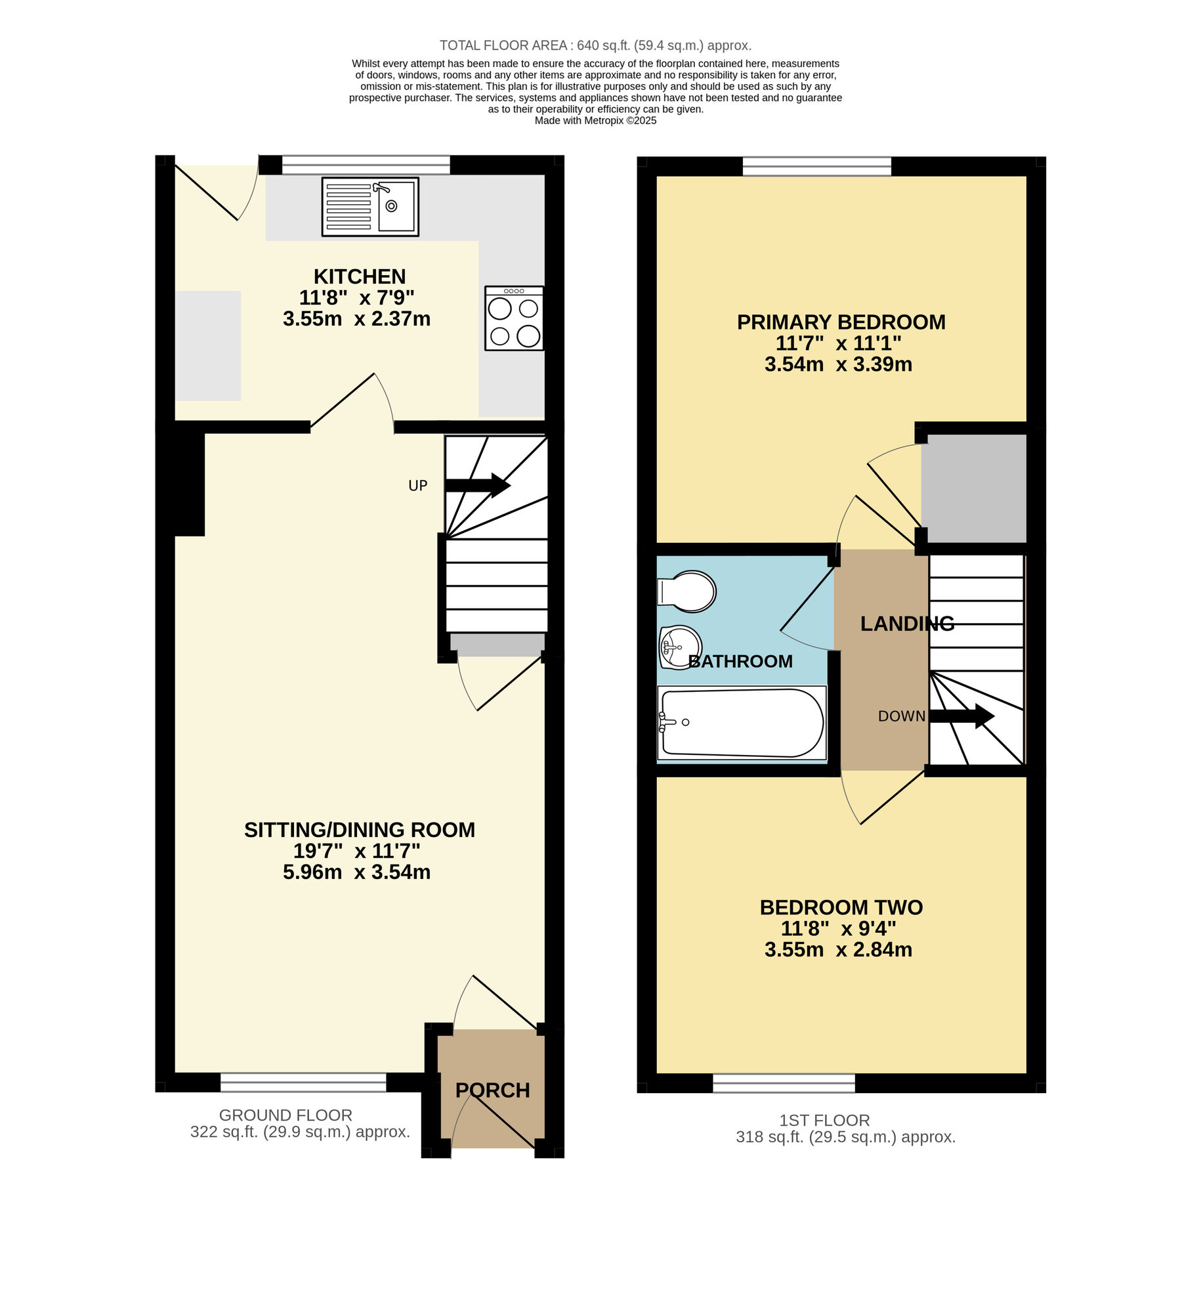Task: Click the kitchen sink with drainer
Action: pos(370,207)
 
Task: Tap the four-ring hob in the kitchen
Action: pos(514,318)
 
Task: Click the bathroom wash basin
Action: pos(681,647)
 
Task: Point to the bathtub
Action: pos(742,723)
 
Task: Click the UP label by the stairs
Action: pos(417,486)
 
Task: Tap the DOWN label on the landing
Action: pos(901,716)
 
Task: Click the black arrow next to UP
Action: pos(477,485)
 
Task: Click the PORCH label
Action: pos(492,1090)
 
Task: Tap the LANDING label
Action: pos(907,624)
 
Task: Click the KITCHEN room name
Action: pos(359,276)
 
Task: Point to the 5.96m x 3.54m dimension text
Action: pos(356,872)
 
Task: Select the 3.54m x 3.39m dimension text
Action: pos(838,364)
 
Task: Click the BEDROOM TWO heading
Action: pos(841,907)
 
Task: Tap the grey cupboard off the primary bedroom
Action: pos(974,488)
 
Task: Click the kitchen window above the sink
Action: pos(366,165)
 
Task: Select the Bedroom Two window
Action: pos(784,1083)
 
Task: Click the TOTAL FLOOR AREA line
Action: pos(595,45)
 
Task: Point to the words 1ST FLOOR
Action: pos(824,1121)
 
